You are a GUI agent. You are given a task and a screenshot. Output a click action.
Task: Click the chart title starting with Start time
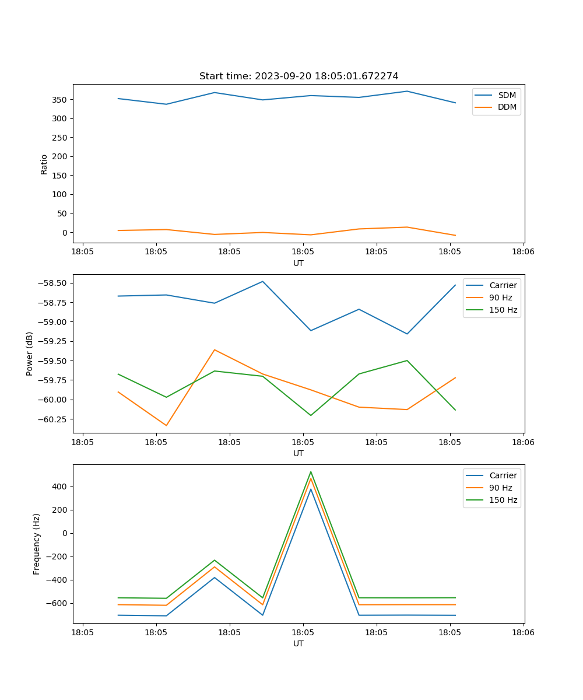(298, 76)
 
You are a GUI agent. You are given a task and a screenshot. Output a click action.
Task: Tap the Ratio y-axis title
(44, 164)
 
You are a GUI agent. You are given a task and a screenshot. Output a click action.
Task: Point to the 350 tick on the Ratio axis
(61, 100)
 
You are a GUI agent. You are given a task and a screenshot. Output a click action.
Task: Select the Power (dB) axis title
(30, 353)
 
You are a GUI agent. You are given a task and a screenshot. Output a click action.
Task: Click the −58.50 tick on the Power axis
(52, 283)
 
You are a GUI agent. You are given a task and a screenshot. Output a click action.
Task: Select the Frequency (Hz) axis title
(37, 544)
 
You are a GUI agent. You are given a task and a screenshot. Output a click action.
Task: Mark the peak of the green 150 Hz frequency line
(311, 471)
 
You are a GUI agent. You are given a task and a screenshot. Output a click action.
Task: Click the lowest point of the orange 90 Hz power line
(166, 425)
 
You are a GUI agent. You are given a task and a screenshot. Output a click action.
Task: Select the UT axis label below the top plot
(298, 263)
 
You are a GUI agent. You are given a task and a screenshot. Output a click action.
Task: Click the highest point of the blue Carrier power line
(262, 281)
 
